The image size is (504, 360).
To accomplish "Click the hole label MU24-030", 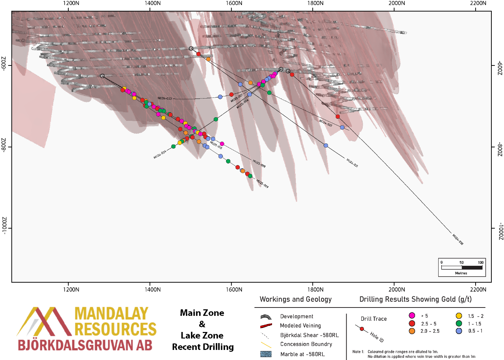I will (x=458, y=239).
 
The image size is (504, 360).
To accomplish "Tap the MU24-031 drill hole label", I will (x=352, y=163).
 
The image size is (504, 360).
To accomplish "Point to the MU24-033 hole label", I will (x=165, y=98).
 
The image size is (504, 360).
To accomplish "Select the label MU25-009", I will (x=262, y=184).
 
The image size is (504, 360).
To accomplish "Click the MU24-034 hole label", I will (x=160, y=155).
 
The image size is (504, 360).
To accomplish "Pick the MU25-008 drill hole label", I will (x=259, y=164).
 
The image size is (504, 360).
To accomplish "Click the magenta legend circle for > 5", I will (x=412, y=315).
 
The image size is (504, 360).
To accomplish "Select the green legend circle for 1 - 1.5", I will (x=459, y=323).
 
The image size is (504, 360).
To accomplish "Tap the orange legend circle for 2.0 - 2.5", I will (x=412, y=331).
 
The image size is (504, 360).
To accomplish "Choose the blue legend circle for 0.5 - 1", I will (x=459, y=331).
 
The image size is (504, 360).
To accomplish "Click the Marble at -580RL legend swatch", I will (x=266, y=354).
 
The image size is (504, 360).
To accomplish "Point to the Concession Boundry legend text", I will (x=306, y=344).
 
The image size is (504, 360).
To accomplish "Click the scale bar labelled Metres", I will (x=462, y=268).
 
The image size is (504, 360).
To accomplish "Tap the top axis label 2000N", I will (x=397, y=3).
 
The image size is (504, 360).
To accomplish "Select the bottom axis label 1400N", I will (x=152, y=290).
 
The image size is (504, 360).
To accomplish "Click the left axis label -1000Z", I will (x=4, y=226).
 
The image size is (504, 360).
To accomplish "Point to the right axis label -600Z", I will (x=500, y=68).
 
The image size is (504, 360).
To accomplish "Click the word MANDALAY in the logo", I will (x=111, y=314).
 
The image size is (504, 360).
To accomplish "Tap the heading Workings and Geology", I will (x=295, y=299).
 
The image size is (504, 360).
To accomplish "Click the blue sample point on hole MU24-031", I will (x=326, y=146).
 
